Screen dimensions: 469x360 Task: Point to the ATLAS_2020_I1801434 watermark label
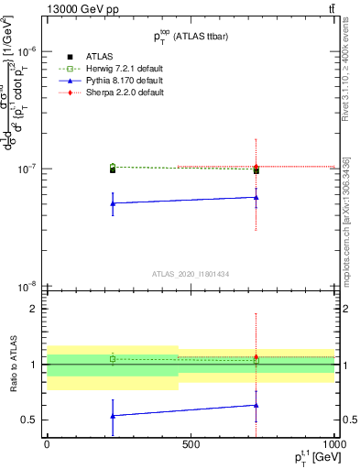[190, 274]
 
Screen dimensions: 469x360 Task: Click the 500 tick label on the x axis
[191, 443]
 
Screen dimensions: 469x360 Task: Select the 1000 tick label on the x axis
[332, 443]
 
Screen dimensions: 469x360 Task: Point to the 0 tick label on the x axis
[47, 443]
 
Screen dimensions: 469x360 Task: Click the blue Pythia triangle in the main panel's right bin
[256, 197]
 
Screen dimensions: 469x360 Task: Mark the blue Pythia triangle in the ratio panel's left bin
[113, 416]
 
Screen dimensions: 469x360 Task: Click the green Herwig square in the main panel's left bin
[113, 167]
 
